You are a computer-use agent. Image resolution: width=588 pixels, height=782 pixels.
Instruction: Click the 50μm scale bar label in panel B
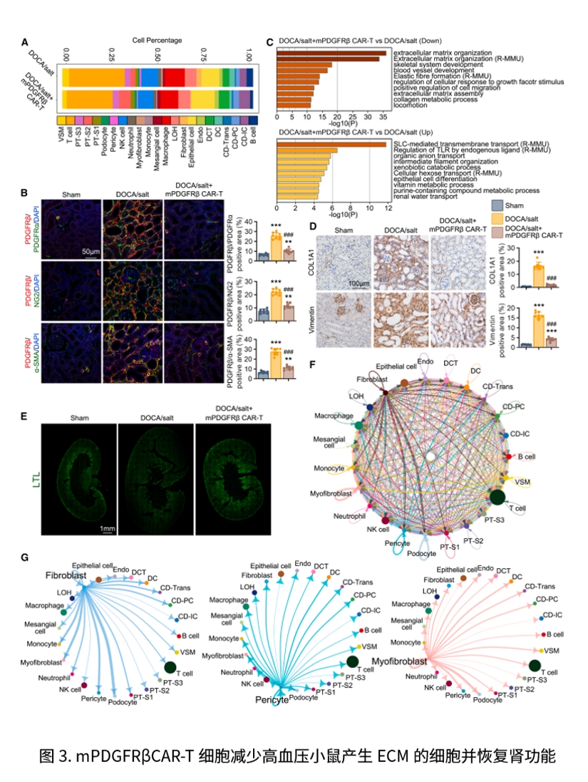point(89,252)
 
